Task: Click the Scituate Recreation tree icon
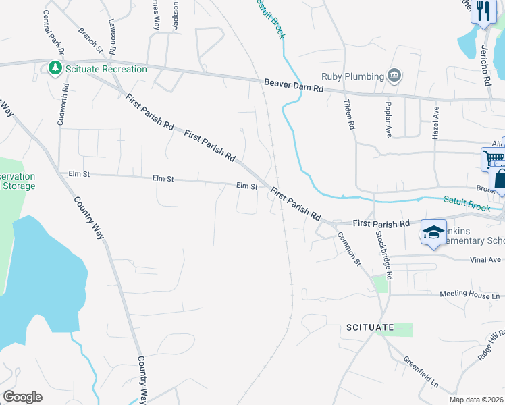pos(54,68)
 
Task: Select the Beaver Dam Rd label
pos(294,85)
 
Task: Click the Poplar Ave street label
pos(389,122)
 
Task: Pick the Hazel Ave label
pos(436,122)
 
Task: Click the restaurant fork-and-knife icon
pos(483,11)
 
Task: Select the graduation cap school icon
pos(433,233)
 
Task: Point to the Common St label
pos(350,248)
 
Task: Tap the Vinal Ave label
pos(485,259)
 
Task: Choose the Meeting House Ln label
pos(471,295)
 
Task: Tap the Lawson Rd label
pos(113,30)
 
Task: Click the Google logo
pos(22,397)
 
